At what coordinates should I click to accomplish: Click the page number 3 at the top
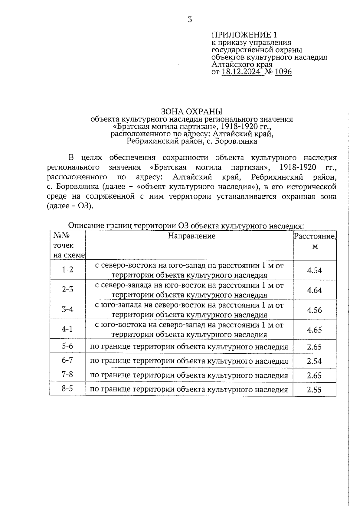coord(190,20)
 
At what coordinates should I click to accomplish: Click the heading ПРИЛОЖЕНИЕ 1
coord(244,34)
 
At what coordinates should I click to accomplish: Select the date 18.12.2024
coord(241,72)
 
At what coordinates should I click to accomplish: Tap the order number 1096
coord(283,72)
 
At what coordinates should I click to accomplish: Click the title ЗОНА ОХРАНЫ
coord(192,111)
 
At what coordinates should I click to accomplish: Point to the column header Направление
coord(192,236)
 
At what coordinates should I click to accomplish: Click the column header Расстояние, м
coord(315,241)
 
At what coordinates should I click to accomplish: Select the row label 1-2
coord(67,270)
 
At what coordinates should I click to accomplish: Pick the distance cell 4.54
coord(315,270)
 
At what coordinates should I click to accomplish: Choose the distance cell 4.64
coord(315,290)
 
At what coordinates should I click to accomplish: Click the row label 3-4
coord(67,309)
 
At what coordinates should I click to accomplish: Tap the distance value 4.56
coord(315,310)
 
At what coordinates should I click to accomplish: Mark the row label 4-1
coord(67,329)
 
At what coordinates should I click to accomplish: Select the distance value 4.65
coord(315,330)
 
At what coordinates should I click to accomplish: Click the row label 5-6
coord(67,346)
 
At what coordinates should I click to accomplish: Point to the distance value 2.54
coord(315,361)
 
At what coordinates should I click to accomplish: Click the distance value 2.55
coord(315,390)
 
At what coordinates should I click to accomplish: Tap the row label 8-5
coord(67,389)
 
